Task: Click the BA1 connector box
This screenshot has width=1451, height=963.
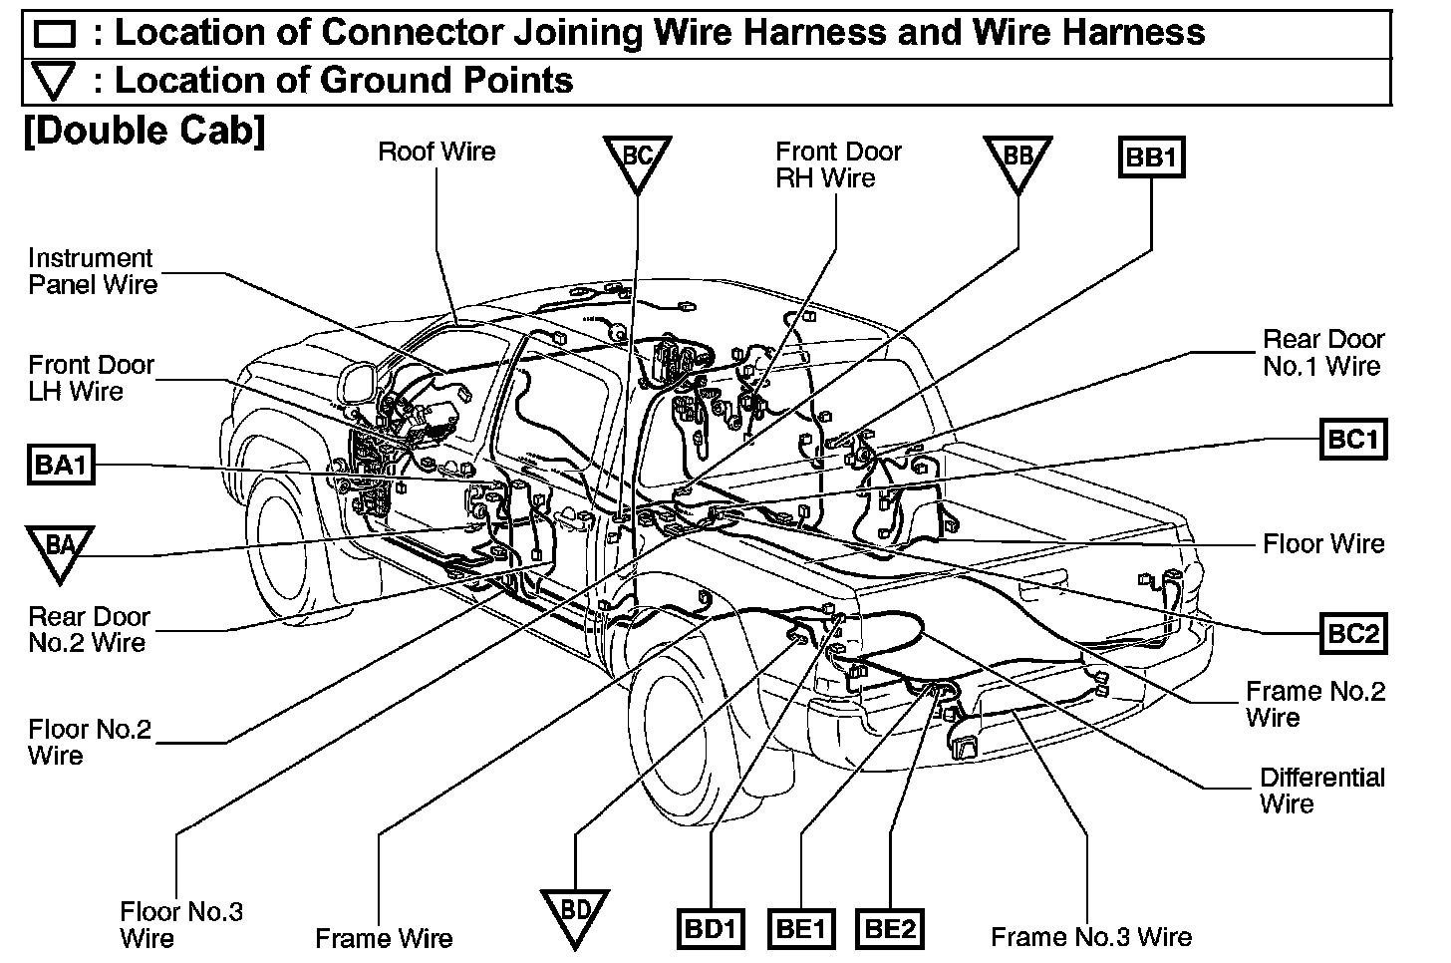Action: [x=61, y=466]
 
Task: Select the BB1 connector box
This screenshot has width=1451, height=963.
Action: [x=1151, y=158]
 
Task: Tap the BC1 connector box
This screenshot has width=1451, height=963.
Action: [x=1352, y=439]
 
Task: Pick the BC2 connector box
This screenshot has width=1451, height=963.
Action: [x=1352, y=633]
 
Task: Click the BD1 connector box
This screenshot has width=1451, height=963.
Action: [x=712, y=929]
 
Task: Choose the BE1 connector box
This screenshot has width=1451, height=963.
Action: [x=801, y=929]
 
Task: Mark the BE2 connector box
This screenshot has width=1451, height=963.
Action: [x=890, y=929]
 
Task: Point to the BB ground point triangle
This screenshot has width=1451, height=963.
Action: [x=1017, y=160]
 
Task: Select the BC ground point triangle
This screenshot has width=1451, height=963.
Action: [x=637, y=160]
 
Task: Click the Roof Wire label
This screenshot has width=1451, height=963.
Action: [x=436, y=152]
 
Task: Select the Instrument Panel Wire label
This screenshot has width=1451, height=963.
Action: [x=92, y=271]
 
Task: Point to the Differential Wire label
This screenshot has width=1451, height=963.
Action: [x=1321, y=791]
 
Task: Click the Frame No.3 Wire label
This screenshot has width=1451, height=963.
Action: [x=1090, y=937]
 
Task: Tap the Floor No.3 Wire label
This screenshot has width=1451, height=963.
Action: [x=180, y=924]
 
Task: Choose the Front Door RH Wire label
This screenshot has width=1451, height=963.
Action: [x=838, y=164]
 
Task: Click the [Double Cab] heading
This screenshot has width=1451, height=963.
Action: [x=144, y=131]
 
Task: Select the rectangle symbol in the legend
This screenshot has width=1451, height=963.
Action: [x=54, y=35]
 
